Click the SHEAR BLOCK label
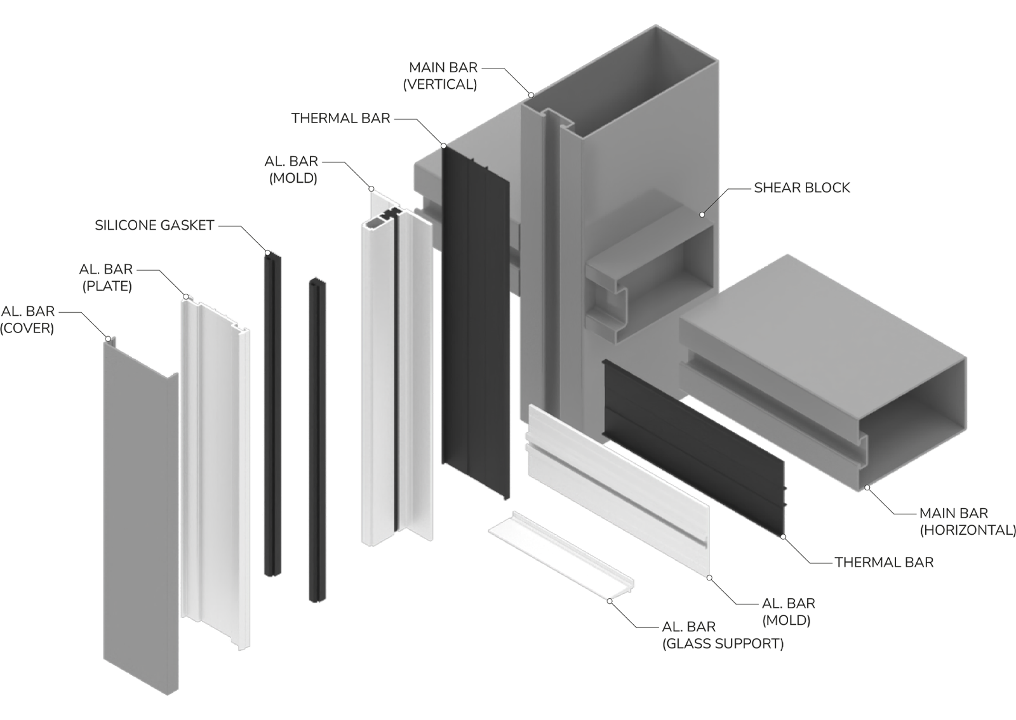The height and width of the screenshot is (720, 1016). (x=802, y=188)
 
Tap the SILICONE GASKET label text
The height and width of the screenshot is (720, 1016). (x=154, y=225)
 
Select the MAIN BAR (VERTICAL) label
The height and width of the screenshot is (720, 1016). (x=442, y=75)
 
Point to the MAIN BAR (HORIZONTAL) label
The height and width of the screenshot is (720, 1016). (x=968, y=521)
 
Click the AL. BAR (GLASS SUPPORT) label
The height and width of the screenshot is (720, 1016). (x=723, y=635)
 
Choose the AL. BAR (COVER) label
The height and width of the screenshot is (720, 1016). (x=28, y=320)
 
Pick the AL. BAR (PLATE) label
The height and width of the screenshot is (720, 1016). (x=107, y=277)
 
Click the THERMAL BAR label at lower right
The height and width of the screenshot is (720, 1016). (x=884, y=562)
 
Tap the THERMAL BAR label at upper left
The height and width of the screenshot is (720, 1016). (x=340, y=118)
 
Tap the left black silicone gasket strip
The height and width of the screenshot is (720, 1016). (x=272, y=415)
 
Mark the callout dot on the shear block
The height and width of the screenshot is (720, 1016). (x=702, y=215)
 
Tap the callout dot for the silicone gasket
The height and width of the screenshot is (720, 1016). (x=267, y=253)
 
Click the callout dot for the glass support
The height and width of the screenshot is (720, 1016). (x=610, y=601)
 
